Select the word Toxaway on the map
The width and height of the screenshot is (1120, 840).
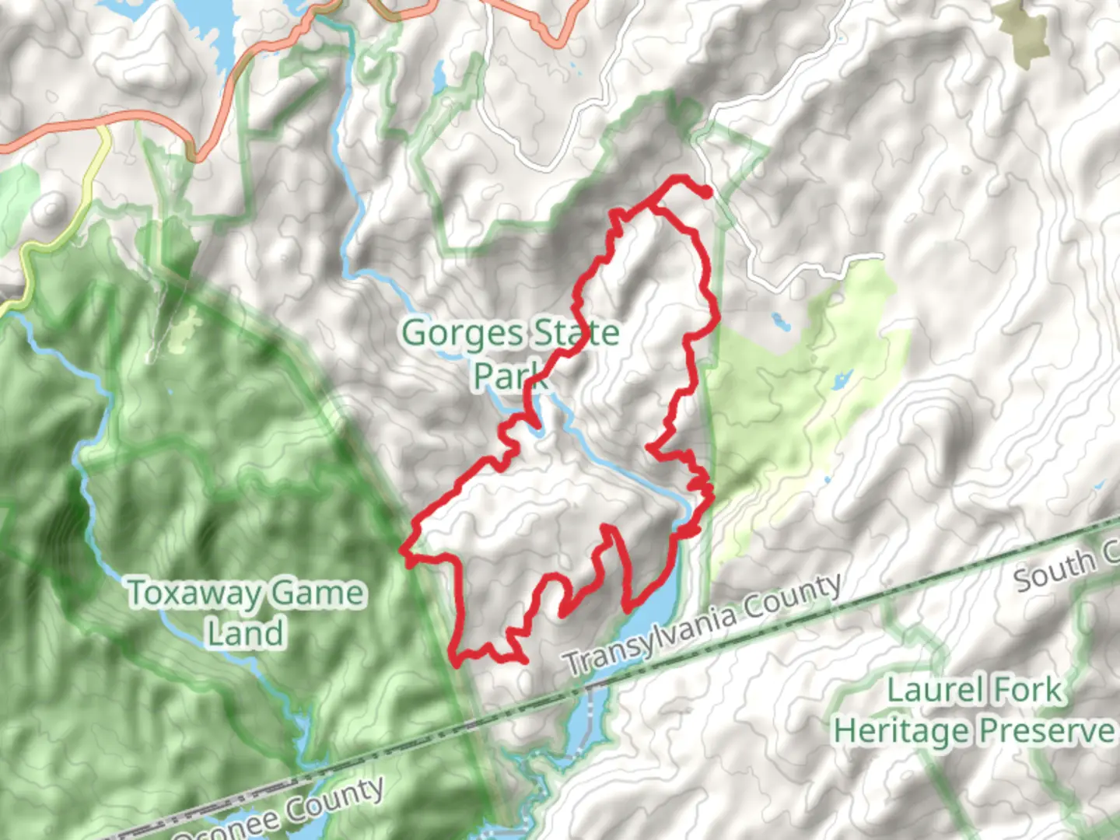pyautogui.click(x=194, y=593)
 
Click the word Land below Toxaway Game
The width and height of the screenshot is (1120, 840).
pyautogui.click(x=245, y=632)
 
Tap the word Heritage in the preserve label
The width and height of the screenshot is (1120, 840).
pyautogui.click(x=902, y=731)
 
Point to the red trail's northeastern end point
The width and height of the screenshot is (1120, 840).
pyautogui.click(x=707, y=194)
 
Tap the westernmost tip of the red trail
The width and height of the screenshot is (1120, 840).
pyautogui.click(x=403, y=551)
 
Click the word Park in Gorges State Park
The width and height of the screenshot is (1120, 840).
pyautogui.click(x=509, y=376)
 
